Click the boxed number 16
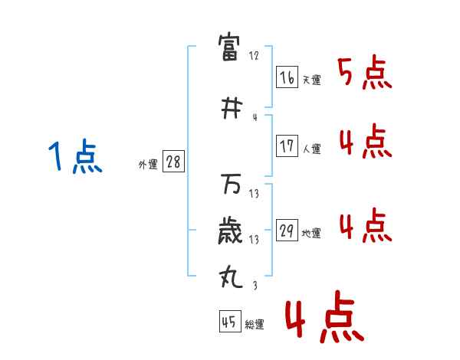[287, 77]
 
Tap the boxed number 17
[287, 146]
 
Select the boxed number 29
[287, 231]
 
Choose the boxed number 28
[174, 162]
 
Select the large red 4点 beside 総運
[324, 320]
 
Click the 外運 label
[147, 164]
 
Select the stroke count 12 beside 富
[254, 56]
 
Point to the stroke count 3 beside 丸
[254, 286]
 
